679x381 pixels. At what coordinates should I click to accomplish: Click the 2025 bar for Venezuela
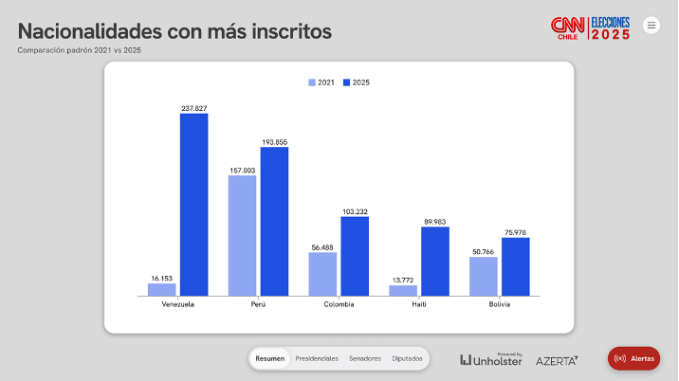tap(193, 205)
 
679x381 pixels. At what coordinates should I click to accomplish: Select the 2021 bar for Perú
tap(242, 235)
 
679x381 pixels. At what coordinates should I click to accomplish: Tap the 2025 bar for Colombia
tap(355, 256)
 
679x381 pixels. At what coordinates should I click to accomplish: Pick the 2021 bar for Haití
tap(402, 290)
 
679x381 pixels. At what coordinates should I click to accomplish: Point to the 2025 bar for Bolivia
tap(516, 266)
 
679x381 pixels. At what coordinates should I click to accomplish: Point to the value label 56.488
tap(322, 246)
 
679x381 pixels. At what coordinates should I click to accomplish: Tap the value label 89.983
tap(435, 222)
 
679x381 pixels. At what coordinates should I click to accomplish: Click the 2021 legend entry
tap(321, 82)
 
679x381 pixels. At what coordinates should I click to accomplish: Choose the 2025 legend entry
tap(357, 82)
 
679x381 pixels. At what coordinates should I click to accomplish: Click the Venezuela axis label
tap(178, 304)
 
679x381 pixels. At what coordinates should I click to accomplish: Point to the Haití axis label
tap(419, 304)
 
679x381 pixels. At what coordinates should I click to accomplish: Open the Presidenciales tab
tap(317, 358)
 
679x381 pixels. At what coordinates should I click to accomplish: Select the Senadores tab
tap(365, 358)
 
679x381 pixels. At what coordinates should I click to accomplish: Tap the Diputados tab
tap(407, 358)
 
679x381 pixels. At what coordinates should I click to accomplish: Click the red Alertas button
tap(633, 358)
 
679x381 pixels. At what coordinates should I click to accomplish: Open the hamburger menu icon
tap(651, 26)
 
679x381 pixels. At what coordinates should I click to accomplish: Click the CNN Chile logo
tap(567, 27)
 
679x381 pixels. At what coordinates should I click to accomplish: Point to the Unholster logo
tap(491, 359)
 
